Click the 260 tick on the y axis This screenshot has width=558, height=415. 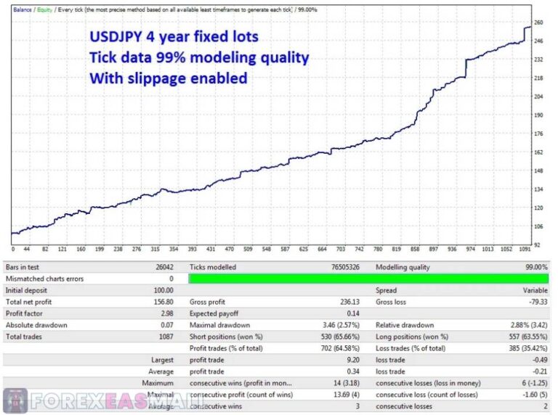point(538,22)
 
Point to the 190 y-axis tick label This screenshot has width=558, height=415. point(538,115)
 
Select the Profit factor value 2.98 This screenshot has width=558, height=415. point(166,313)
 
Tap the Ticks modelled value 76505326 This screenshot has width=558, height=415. point(344,268)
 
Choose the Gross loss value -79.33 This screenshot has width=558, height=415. point(535,301)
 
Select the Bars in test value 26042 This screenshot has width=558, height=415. point(163,268)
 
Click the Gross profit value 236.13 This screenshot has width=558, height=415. point(349,301)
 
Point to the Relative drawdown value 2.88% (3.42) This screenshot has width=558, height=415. point(522,325)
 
